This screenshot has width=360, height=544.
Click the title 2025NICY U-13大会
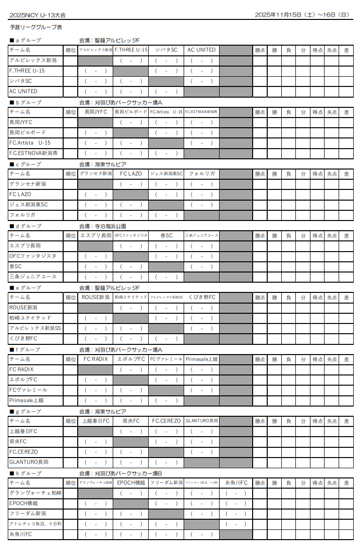37,15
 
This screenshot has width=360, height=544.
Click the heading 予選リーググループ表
36,28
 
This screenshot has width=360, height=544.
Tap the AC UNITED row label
23,91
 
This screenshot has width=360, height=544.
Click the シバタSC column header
166,50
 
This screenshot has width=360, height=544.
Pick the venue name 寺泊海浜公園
110,226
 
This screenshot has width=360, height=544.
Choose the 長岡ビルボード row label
28,133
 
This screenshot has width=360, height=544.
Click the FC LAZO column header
131,174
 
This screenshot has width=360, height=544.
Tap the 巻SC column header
166,236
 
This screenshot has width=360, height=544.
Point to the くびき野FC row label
23,339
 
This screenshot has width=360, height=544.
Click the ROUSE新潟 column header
95,297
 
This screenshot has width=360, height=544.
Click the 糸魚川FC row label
21,534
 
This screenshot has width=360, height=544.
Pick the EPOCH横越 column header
131,483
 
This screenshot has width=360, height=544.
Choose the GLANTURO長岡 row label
29,462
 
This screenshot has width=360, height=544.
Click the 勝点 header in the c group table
260,174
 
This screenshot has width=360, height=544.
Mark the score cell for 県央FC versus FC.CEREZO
166,442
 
